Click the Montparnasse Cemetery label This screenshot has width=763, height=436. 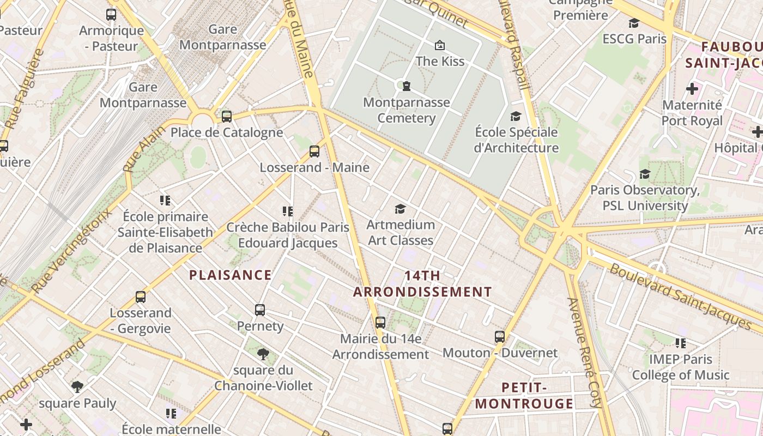[407, 110]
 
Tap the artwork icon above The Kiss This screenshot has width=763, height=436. [440, 45]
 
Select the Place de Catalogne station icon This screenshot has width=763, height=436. [227, 116]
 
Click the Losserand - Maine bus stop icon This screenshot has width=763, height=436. [314, 152]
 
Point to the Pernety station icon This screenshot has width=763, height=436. [260, 310]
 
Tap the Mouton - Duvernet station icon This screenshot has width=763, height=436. [500, 337]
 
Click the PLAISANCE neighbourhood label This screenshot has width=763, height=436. [230, 275]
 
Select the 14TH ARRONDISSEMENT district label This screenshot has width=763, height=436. [422, 284]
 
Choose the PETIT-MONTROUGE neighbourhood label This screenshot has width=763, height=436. [524, 396]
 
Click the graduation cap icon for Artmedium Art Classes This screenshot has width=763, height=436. [401, 209]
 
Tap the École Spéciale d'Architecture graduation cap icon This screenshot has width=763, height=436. [516, 116]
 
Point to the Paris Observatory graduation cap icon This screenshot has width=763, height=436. [645, 174]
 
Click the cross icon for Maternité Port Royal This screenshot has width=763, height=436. [692, 88]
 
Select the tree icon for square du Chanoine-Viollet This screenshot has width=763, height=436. [263, 354]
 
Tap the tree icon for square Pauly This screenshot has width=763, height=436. [77, 387]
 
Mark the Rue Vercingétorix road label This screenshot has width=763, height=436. [71, 251]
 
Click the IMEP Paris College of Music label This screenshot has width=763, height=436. [680, 367]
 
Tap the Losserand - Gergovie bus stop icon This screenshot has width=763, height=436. [141, 297]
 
